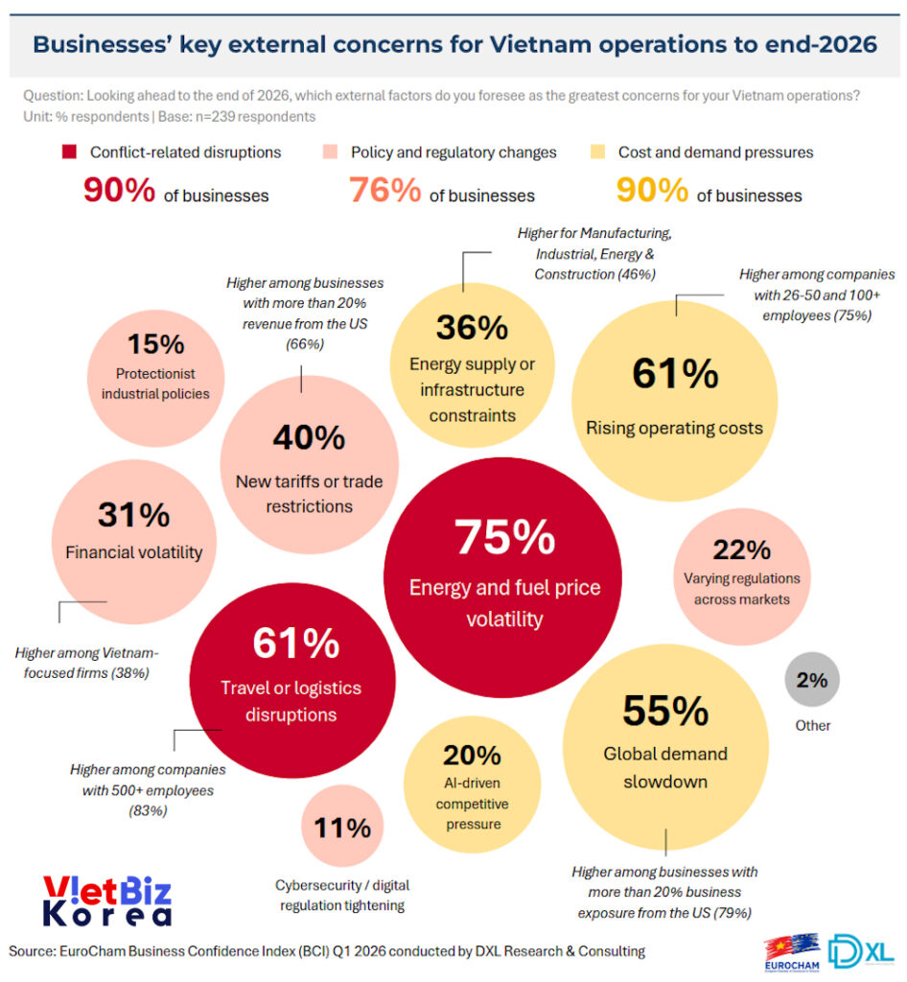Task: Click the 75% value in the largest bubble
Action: coord(504,538)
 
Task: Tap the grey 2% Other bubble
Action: coord(811,682)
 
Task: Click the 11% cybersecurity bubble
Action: coord(342,828)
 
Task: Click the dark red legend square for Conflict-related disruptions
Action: coord(68,152)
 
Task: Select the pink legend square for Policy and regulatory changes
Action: coord(329,152)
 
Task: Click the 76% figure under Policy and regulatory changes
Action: coord(384,190)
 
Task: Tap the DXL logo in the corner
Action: coord(861,951)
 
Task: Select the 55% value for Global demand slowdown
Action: coord(665,711)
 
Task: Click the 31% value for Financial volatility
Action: coord(133,515)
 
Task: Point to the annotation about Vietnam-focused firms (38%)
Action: coord(87,663)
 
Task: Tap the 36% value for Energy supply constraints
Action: coord(472,328)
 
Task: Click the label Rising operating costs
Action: coord(674,428)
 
